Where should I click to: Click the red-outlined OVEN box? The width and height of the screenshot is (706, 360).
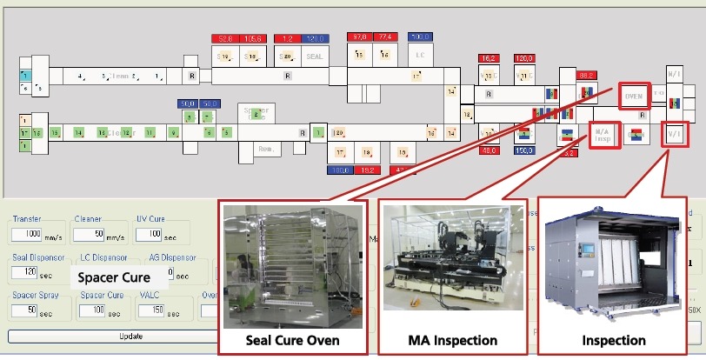tap(634, 97)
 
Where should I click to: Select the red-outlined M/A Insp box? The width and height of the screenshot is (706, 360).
tap(603, 135)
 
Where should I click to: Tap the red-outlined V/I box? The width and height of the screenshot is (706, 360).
tap(673, 135)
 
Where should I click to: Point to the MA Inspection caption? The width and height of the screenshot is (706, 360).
tap(452, 340)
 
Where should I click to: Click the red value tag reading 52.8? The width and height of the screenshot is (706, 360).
tap(225, 38)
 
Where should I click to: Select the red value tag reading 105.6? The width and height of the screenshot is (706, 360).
tap(254, 38)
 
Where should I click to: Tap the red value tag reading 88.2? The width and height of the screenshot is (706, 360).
tap(587, 77)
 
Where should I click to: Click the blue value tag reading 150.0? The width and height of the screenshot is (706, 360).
tap(523, 150)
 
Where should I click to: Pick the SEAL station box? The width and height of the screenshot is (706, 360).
tap(315, 57)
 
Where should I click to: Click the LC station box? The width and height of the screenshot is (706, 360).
tap(420, 55)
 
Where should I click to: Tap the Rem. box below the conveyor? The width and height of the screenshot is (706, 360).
tap(267, 150)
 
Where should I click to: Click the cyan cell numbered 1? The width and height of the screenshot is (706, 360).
tap(25, 77)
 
